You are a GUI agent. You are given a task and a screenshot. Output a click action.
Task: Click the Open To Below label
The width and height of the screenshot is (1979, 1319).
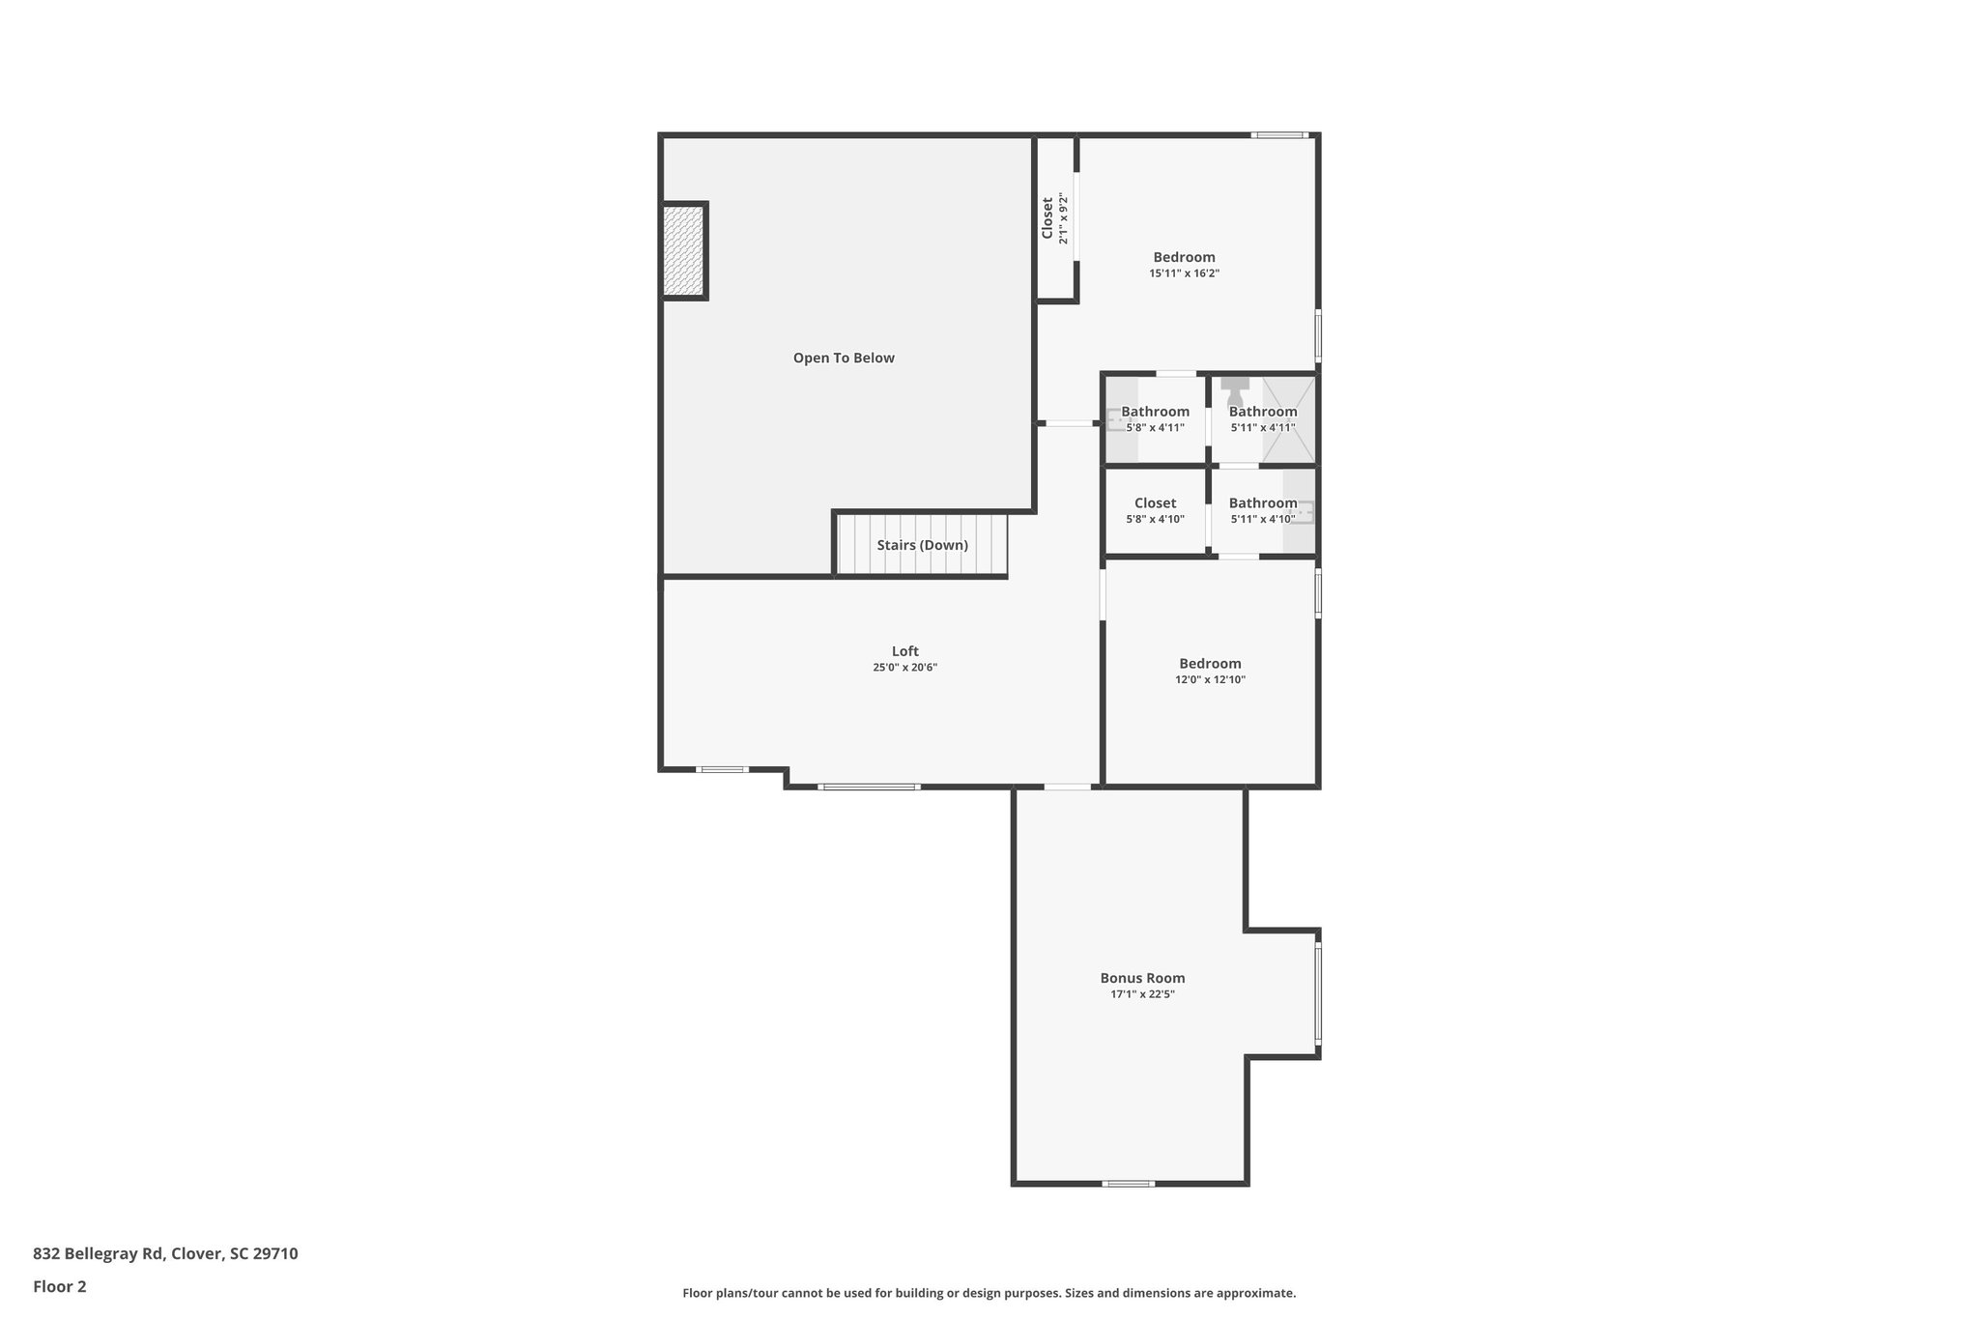click(x=844, y=358)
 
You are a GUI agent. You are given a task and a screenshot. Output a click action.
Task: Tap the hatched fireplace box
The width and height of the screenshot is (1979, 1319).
click(x=683, y=251)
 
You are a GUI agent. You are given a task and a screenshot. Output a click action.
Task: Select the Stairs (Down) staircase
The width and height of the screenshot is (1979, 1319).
click(x=922, y=545)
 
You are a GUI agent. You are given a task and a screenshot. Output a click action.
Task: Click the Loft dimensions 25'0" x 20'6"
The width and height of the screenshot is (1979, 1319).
click(x=904, y=668)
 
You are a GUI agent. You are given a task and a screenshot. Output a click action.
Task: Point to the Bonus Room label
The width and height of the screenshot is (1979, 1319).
click(x=1142, y=978)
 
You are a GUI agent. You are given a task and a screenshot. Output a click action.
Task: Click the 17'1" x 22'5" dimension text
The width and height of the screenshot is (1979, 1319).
click(x=1142, y=994)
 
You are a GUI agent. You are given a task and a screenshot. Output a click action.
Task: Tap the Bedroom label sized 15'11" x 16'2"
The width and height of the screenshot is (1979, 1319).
click(x=1184, y=257)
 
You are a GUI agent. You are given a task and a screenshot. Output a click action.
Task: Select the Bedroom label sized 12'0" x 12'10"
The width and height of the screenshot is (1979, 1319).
click(x=1210, y=664)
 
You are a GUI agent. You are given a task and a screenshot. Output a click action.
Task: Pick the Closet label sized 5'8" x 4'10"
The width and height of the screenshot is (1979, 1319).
click(x=1155, y=503)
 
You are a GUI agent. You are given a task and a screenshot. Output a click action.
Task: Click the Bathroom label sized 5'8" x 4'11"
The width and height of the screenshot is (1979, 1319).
click(x=1155, y=412)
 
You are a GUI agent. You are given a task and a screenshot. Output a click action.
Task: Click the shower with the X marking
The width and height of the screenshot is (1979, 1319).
click(x=1289, y=418)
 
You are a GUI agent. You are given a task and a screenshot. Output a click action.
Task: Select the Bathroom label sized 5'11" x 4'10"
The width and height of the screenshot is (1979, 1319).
click(x=1262, y=503)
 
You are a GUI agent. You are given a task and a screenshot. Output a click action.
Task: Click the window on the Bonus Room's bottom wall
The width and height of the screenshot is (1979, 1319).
click(x=1129, y=1184)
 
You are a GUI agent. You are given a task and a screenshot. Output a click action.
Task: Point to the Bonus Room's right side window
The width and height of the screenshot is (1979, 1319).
click(x=1318, y=994)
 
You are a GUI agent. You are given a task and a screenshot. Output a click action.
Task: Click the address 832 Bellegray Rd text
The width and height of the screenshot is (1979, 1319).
click(x=165, y=1254)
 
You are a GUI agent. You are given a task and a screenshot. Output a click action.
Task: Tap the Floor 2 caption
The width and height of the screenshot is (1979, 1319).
click(x=60, y=1287)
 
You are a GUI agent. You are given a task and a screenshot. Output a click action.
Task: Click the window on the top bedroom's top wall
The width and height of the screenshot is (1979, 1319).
click(x=1279, y=135)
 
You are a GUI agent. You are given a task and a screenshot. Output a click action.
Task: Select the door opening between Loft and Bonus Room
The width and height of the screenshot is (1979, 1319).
click(x=1067, y=787)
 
